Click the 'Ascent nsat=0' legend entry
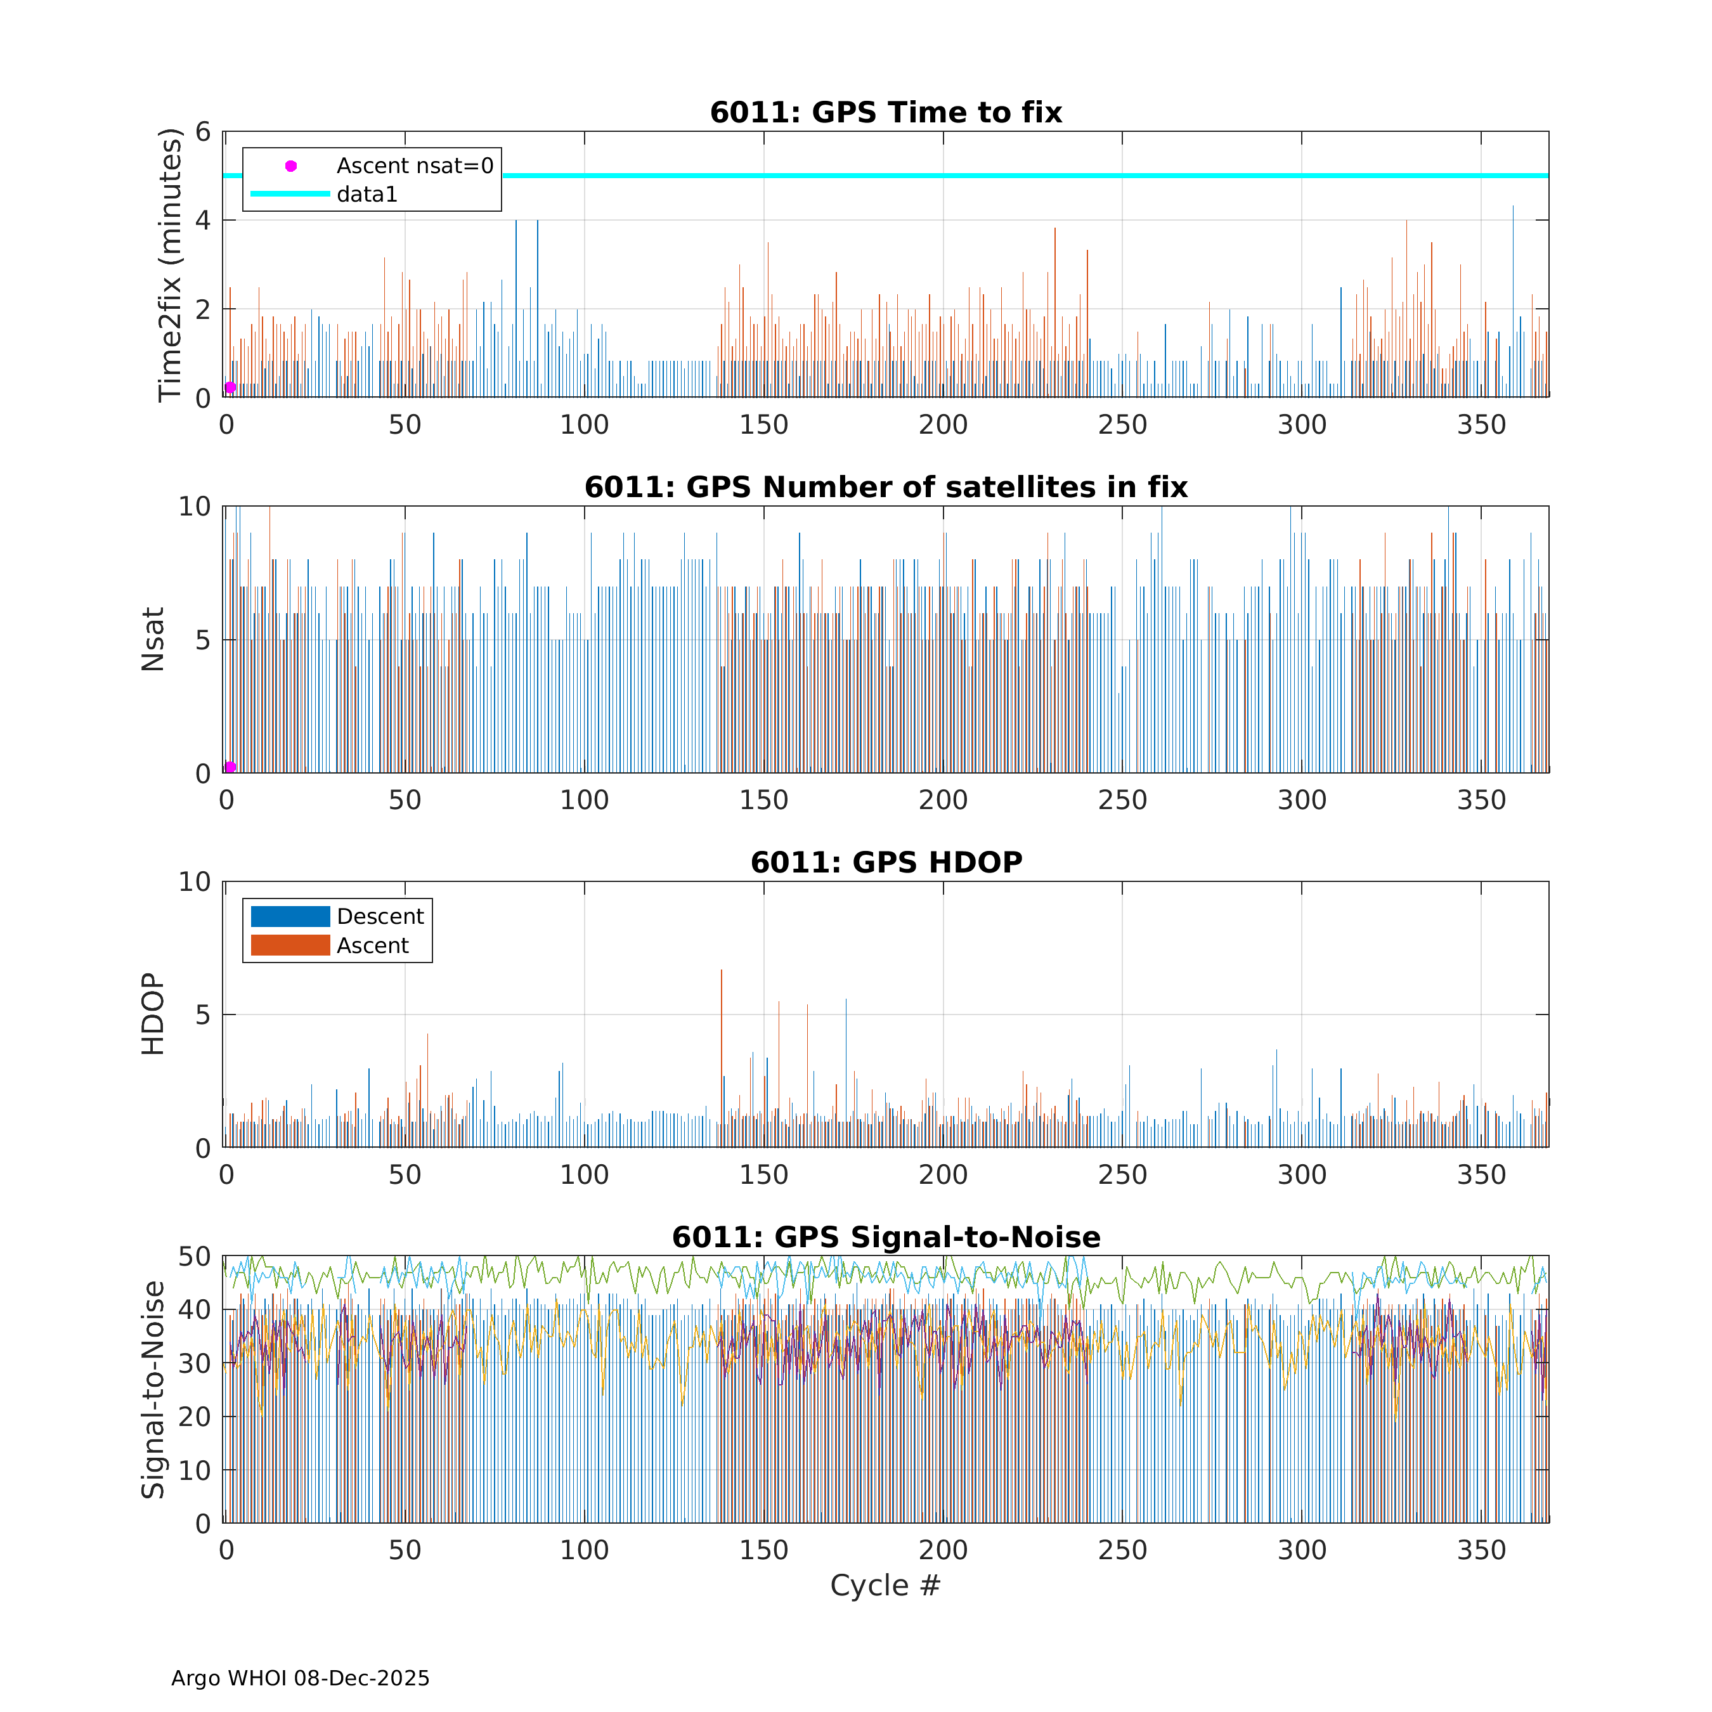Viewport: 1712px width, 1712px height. pyautogui.click(x=414, y=165)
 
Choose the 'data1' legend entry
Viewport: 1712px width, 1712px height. pyautogui.click(x=367, y=194)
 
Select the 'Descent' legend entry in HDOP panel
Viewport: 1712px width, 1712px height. pyautogui.click(x=379, y=916)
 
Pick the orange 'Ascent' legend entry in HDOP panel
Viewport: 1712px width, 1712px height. pyautogui.click(x=372, y=945)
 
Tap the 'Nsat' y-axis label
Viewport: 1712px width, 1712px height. pyautogui.click(x=152, y=639)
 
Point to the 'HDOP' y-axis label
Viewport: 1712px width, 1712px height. pyautogui.click(x=152, y=1014)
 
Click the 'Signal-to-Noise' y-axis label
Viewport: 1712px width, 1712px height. pyautogui.click(x=152, y=1389)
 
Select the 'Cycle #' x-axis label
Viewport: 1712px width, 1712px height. pyautogui.click(x=885, y=1585)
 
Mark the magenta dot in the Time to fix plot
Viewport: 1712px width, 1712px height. pyautogui.click(x=230, y=387)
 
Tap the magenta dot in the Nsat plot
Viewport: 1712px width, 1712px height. pyautogui.click(x=230, y=767)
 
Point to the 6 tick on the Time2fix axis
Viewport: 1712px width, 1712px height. pyautogui.click(x=204, y=132)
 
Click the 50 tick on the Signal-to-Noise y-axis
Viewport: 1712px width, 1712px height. pyautogui.click(x=195, y=1257)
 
